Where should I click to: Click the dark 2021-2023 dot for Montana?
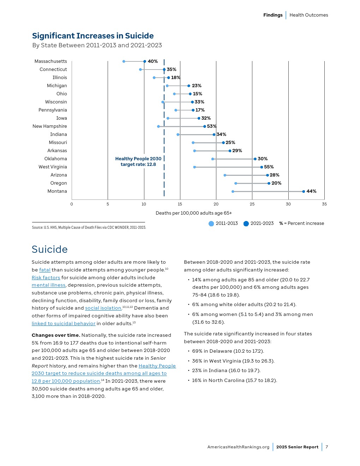pos(304,191)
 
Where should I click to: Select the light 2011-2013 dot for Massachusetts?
pos(124,61)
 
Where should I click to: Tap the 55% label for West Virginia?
pos(269,167)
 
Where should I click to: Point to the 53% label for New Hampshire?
pos(211,126)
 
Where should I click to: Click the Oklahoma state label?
pos(55,159)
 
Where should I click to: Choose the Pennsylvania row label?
pos(53,110)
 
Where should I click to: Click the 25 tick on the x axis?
pos(252,204)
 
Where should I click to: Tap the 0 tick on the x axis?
pos(72,204)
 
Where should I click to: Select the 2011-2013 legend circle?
pos(211,223)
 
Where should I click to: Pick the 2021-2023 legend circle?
pos(246,223)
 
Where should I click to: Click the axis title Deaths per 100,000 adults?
pos(193,213)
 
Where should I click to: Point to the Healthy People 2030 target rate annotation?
pos(138,162)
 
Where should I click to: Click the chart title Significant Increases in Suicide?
pos(93,36)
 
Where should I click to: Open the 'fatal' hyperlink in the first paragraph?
pos(45,270)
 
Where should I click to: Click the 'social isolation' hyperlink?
pos(103,308)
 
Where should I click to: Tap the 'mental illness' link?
pos(48,285)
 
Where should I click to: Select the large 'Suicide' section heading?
pos(50,250)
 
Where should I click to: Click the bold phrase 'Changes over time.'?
pos(56,335)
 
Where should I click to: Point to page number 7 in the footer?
pos(327,447)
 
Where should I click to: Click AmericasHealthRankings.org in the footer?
pos(238,447)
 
